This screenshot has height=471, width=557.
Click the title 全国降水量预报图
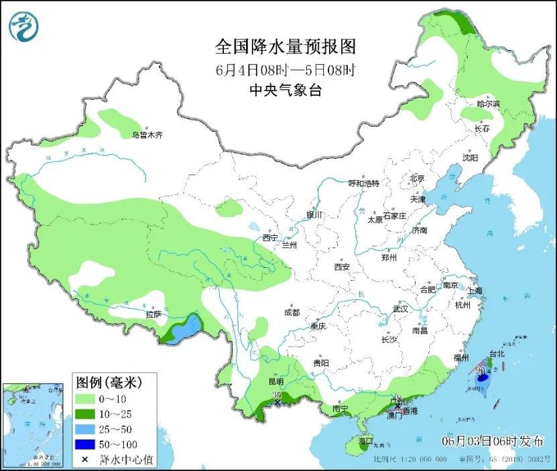[x=285, y=47]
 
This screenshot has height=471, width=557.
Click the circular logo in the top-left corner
[x=24, y=27]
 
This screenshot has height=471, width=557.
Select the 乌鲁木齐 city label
[x=147, y=135]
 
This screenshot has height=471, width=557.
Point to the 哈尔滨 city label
[x=488, y=104]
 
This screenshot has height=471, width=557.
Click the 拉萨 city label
[x=153, y=314]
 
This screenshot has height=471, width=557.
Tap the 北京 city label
[x=417, y=178]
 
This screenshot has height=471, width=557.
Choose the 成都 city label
[x=292, y=312]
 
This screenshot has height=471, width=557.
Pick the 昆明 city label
[x=275, y=382]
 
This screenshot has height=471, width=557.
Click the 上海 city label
[x=475, y=291]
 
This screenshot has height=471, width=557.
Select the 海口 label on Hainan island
[x=365, y=443]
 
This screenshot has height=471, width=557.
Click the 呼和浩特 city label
[x=364, y=184]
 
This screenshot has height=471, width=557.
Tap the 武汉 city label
[x=400, y=310]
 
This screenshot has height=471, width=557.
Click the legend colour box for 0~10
[x=86, y=401]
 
